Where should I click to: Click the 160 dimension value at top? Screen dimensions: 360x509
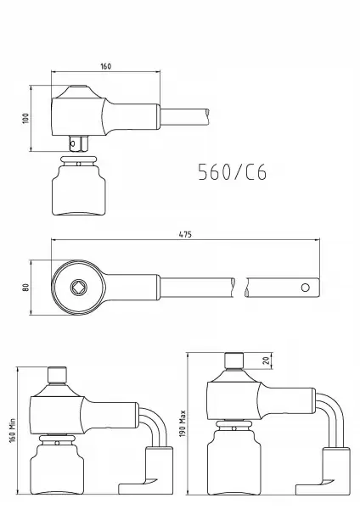coord(106,66)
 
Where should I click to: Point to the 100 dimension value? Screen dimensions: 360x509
coord(25,118)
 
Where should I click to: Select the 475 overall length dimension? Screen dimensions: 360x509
coord(185,234)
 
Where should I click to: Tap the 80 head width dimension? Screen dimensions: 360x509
coord(25,288)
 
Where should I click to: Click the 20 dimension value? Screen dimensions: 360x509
coord(267,361)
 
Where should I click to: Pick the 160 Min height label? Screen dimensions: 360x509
coord(13,431)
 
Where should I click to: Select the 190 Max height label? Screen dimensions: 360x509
coord(183,423)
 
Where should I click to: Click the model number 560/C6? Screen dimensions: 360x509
coord(233,171)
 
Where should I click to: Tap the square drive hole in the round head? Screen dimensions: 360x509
coord(79,287)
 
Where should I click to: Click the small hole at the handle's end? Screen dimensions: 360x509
coord(306,288)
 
